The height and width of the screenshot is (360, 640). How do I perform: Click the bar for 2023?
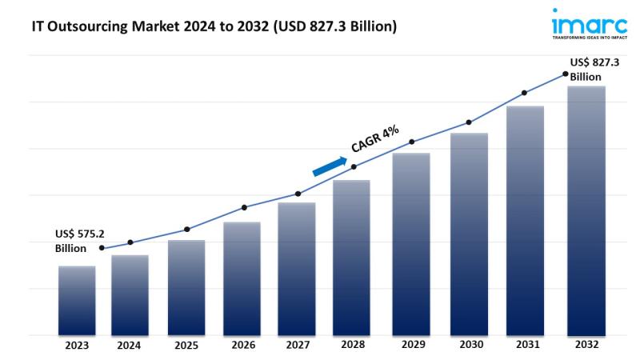pyautogui.click(x=77, y=300)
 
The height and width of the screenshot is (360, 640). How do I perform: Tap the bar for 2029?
pyautogui.click(x=411, y=244)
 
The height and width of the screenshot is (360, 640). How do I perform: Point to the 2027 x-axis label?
pyautogui.click(x=298, y=346)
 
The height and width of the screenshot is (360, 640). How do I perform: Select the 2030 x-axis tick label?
pyautogui.click(x=469, y=346)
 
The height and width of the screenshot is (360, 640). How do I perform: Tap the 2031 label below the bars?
pyautogui.click(x=525, y=346)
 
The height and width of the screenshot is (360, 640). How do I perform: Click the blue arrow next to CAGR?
pyautogui.click(x=329, y=164)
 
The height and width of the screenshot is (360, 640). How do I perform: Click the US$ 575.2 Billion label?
pyautogui.click(x=80, y=241)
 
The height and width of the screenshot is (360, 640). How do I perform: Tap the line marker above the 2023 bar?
pyautogui.click(x=101, y=248)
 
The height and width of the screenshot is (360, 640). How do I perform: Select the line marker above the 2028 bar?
pyautogui.click(x=354, y=166)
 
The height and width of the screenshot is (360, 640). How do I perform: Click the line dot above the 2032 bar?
pyautogui.click(x=566, y=74)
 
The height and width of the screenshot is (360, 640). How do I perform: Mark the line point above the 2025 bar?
pyautogui.click(x=187, y=230)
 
